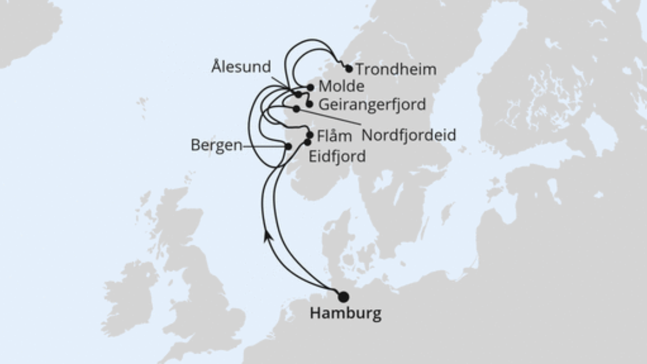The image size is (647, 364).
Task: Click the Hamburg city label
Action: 346,314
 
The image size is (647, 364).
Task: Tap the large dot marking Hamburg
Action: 343,297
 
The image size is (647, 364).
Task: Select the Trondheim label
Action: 396,70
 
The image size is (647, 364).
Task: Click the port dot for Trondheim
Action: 349,69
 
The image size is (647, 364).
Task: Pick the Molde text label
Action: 341,87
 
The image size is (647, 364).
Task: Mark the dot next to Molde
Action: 311,88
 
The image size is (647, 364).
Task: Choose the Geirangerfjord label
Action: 372,104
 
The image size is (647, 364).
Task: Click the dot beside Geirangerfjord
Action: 309,104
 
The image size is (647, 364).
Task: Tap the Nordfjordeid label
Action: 408,135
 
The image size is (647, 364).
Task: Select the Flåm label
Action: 335,137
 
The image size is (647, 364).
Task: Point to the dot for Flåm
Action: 310,135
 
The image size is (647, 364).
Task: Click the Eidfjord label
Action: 338,156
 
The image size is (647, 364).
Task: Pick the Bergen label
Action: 216,145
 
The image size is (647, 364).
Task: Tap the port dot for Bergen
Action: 289,147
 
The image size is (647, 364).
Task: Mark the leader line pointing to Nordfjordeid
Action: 329,119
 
